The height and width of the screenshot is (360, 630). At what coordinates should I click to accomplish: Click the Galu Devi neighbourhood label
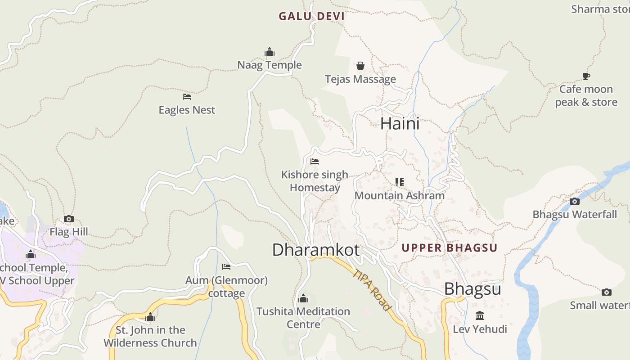(311, 17)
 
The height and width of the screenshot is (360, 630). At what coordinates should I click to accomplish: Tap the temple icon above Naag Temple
(270, 52)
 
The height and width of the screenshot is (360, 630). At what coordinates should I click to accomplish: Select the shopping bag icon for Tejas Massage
(360, 66)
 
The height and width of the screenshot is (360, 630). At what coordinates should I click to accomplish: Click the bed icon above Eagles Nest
(187, 97)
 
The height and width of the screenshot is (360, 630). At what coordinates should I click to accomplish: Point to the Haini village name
(400, 124)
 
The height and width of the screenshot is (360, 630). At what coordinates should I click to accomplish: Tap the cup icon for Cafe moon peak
(586, 76)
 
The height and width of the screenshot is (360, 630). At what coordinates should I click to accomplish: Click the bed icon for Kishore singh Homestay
(315, 162)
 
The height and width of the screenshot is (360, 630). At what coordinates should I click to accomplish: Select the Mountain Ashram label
(400, 196)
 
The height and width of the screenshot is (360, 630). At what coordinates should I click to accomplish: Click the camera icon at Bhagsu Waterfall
(575, 201)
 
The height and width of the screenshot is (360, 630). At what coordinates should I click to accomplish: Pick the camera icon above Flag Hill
(69, 219)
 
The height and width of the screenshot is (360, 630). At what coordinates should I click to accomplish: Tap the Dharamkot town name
(316, 250)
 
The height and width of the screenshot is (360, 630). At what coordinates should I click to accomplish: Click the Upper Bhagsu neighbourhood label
(449, 248)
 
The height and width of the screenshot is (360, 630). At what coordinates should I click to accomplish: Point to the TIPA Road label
(372, 290)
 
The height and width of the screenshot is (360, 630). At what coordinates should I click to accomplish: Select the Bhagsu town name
(472, 289)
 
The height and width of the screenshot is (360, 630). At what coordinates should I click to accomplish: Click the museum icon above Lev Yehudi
(480, 316)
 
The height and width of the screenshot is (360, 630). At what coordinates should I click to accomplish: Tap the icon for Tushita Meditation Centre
(303, 299)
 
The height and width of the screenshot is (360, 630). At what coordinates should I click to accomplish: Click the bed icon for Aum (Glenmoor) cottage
(226, 267)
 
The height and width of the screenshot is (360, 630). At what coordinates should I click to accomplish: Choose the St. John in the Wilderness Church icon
(150, 317)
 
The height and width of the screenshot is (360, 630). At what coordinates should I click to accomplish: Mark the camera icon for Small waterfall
(607, 292)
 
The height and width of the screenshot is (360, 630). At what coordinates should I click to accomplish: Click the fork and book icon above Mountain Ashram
(400, 182)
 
